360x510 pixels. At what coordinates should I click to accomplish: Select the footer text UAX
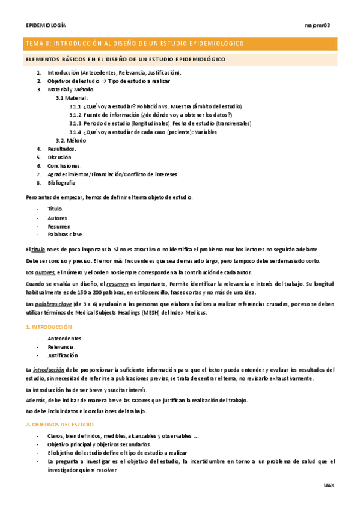(328, 484)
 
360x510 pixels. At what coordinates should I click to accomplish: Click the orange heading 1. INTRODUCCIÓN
(49, 327)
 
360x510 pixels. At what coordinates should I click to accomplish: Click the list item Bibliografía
(61, 182)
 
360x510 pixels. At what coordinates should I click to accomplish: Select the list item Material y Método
(70, 89)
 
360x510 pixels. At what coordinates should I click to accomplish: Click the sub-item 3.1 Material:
(72, 97)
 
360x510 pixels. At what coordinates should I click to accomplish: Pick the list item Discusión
(59, 157)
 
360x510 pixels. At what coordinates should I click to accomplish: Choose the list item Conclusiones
(64, 165)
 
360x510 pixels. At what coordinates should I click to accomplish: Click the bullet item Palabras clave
(65, 234)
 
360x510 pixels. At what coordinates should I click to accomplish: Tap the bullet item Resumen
(59, 226)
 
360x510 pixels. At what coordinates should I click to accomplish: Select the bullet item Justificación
(64, 355)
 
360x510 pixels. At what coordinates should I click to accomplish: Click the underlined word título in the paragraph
(38, 249)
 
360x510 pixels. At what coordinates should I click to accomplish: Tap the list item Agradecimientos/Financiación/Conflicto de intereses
(112, 174)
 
